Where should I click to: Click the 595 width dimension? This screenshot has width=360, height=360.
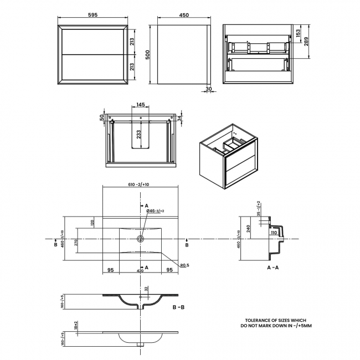click(x=94, y=16)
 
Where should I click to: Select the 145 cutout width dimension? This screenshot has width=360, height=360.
click(x=140, y=105)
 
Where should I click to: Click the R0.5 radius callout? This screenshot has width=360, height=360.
click(x=184, y=265)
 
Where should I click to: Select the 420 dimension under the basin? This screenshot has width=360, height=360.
click(x=140, y=270)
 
